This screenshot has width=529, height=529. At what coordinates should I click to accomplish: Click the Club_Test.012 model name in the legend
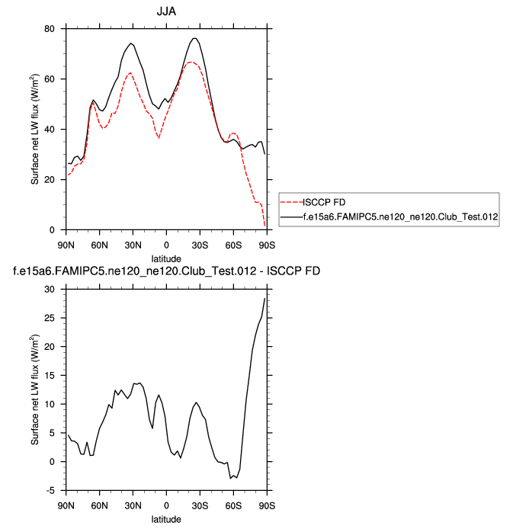tap(400, 217)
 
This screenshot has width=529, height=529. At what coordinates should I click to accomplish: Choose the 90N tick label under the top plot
tap(66, 243)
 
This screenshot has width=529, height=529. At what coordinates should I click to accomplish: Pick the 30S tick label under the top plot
tap(200, 243)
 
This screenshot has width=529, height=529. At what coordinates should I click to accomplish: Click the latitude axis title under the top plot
tap(165, 257)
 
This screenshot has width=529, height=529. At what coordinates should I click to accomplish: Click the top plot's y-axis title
tap(35, 130)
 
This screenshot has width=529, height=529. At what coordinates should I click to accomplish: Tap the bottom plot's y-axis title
tap(35, 390)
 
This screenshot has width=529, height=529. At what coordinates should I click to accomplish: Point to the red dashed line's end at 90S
tap(265, 226)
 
